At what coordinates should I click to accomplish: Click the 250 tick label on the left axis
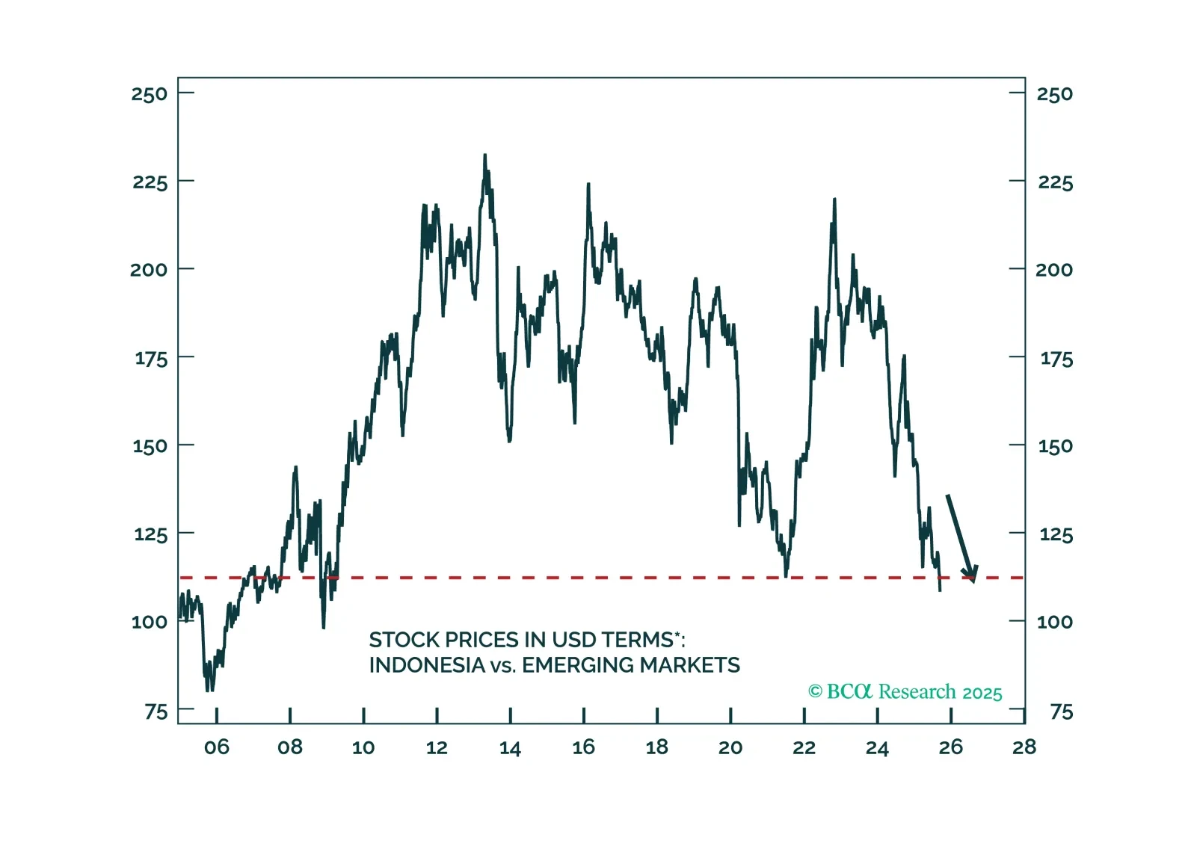point(150,94)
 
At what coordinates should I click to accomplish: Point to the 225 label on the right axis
point(1055,182)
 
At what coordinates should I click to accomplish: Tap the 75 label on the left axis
point(156,712)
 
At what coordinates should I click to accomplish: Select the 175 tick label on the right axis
point(1056,359)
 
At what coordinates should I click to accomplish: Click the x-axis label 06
point(217,747)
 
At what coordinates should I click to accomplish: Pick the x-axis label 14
point(510,748)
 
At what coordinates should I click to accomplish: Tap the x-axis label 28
point(1024,747)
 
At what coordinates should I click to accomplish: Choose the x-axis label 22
point(804,748)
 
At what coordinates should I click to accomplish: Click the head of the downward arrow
point(971,575)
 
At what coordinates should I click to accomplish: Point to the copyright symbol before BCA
point(815,692)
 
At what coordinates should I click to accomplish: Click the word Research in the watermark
point(917,692)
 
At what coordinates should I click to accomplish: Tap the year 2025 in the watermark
point(982,694)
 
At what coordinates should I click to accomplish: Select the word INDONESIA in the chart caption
point(427,665)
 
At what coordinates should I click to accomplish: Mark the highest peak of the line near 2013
point(484,156)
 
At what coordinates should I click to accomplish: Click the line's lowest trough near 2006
point(208,689)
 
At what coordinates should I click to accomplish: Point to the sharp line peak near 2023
point(834,200)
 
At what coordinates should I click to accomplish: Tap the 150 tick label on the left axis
point(150,446)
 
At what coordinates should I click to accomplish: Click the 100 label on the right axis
point(1054,622)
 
